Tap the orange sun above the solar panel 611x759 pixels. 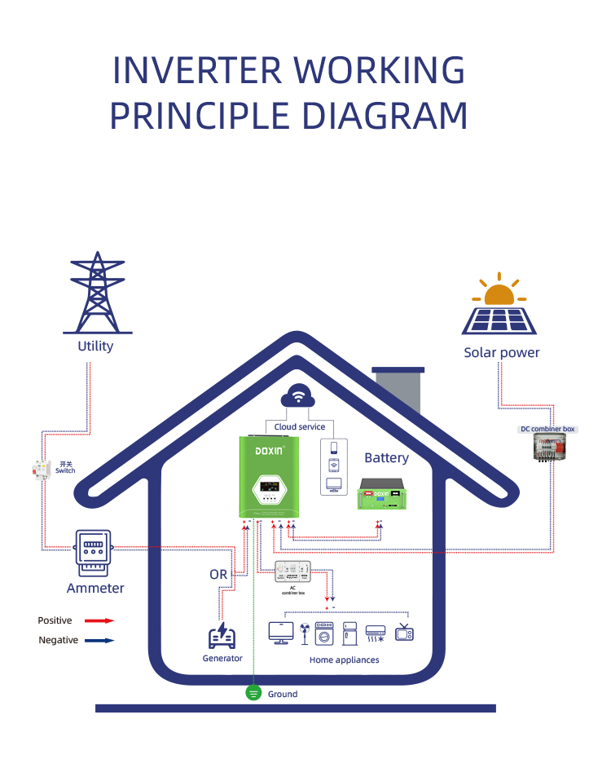498,294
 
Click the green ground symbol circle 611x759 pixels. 253,693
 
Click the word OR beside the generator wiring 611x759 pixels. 218,574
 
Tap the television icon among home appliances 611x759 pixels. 404,632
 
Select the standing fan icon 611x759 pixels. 303,633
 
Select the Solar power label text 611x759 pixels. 501,352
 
